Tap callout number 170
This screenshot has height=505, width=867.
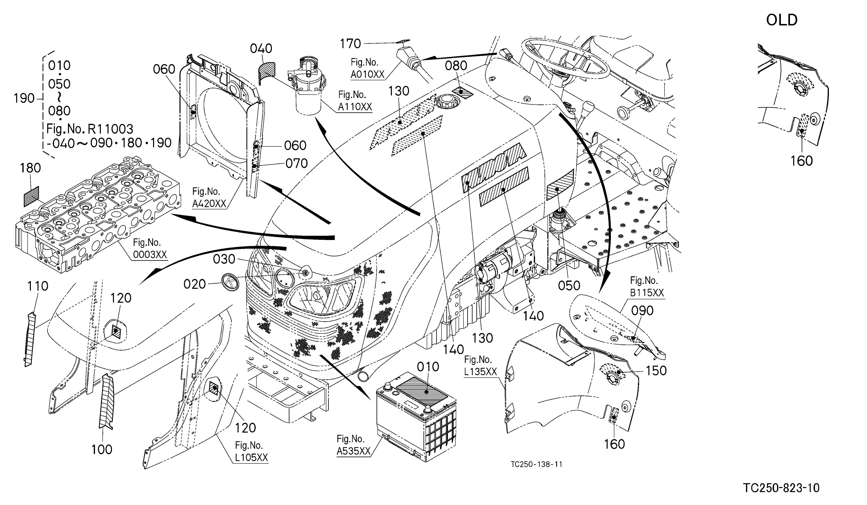tap(350, 44)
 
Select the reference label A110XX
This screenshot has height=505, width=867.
tap(355, 107)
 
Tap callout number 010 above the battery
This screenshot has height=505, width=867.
tap(428, 367)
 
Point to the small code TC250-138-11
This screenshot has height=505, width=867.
tap(536, 464)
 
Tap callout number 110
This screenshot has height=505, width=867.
tap(38, 286)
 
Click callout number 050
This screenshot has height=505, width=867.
tap(569, 286)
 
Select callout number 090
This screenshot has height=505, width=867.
tap(642, 311)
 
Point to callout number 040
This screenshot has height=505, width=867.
tap(261, 49)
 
